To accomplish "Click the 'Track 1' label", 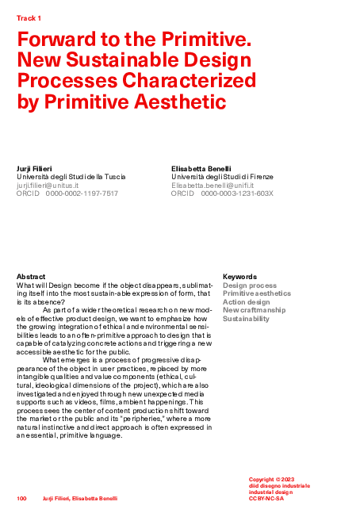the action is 29,17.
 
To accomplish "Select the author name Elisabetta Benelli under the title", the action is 200,169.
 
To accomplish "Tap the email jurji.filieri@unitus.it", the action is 48,185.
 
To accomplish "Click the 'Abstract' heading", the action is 31,277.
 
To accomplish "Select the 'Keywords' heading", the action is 239,277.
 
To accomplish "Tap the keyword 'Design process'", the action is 250,285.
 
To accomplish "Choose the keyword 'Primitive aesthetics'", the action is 259,293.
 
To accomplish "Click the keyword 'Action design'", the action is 247,302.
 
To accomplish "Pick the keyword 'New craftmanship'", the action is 254,310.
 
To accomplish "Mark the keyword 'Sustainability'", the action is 246,319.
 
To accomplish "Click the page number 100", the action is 22,498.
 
